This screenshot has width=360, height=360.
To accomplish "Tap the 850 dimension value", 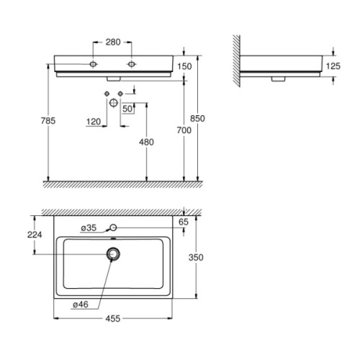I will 209,120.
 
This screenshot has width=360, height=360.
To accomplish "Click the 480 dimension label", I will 147,142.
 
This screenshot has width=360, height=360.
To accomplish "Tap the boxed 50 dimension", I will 128,108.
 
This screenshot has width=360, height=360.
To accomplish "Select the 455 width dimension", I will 113,318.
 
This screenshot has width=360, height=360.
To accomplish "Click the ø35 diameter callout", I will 89,228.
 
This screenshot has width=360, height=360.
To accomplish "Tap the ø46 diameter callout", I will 81,305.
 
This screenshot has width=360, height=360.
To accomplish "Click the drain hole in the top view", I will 113,253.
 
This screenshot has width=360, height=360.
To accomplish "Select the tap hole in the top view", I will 113,228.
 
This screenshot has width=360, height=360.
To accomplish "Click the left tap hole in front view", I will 94,65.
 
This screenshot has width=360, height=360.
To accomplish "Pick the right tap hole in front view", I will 132,65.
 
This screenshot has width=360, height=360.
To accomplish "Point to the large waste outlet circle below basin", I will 113,103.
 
